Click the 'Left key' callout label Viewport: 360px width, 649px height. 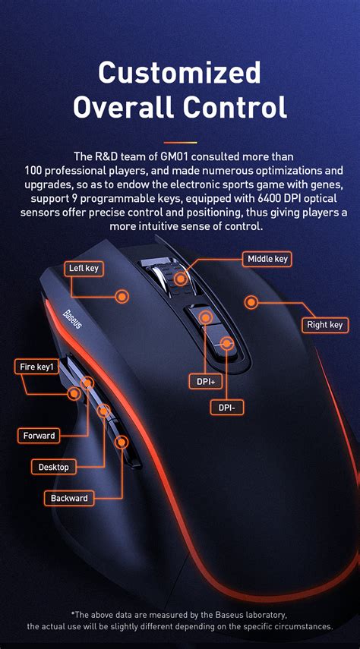[x=84, y=268]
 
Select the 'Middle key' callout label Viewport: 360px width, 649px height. [x=267, y=259]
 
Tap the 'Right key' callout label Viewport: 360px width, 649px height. [x=324, y=325]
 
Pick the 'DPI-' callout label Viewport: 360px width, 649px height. [x=226, y=408]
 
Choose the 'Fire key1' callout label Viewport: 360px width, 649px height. [x=36, y=367]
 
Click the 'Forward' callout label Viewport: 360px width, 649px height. [x=39, y=436]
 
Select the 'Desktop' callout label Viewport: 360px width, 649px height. [x=53, y=467]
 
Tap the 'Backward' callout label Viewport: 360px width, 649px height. [x=70, y=499]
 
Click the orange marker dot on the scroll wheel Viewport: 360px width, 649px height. [x=181, y=279]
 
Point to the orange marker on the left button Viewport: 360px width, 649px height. [x=122, y=296]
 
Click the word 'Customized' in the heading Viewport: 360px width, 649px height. [x=180, y=73]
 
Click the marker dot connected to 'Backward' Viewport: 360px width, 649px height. [x=120, y=441]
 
